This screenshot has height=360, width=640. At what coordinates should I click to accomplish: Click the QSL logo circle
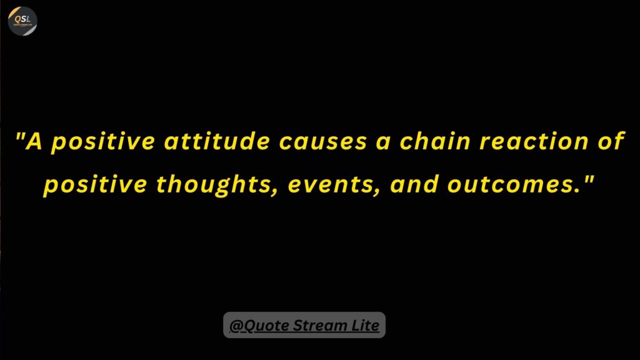click(x=22, y=21)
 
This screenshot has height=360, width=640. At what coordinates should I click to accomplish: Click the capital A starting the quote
click(x=34, y=141)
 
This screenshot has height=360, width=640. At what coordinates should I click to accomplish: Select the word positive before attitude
click(x=103, y=142)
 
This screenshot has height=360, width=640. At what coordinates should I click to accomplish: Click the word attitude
click(x=217, y=141)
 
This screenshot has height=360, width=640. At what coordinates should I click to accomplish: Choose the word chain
click(x=435, y=141)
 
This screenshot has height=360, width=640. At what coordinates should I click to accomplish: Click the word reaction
click(x=534, y=141)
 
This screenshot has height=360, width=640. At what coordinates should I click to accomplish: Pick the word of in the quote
click(x=611, y=141)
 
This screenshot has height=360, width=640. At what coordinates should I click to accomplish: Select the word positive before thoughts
click(x=95, y=185)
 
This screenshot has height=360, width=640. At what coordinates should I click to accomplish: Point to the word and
click(x=414, y=184)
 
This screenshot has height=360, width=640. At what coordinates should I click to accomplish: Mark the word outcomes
click(x=514, y=184)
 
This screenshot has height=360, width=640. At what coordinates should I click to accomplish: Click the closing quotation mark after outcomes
click(x=589, y=178)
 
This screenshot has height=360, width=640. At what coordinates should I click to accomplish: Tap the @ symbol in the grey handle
click(x=236, y=326)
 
